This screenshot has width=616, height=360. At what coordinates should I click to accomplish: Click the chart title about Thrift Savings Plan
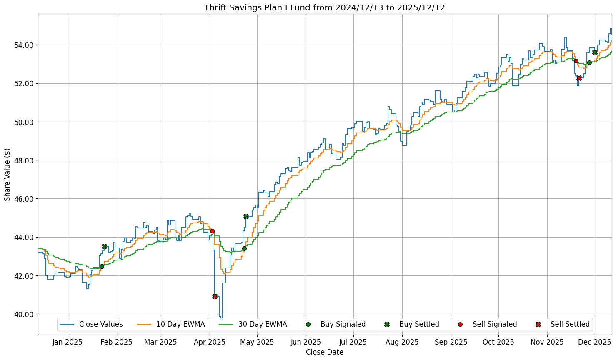pos(324,8)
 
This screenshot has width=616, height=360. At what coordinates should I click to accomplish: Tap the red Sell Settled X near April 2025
pos(215,296)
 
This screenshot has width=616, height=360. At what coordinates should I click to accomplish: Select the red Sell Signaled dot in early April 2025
pos(212,231)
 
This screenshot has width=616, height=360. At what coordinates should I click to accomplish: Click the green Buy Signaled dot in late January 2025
pos(102,266)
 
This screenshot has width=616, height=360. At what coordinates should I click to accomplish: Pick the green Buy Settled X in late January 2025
pos(104,246)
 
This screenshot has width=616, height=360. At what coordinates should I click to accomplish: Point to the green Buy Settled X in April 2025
pos(246,216)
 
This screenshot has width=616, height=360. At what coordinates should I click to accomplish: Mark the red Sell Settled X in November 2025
pos(579,78)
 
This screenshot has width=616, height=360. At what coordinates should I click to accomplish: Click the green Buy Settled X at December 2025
pos(595,52)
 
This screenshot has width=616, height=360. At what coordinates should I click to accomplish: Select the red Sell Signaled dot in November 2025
pos(576,61)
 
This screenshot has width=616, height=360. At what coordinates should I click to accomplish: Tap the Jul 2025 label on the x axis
pos(353,342)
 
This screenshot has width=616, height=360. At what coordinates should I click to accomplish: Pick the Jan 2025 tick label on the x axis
pos(68,342)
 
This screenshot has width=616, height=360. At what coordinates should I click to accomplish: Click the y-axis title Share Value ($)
pos(8,174)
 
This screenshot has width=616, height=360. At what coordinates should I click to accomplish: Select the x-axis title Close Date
pos(324,352)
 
